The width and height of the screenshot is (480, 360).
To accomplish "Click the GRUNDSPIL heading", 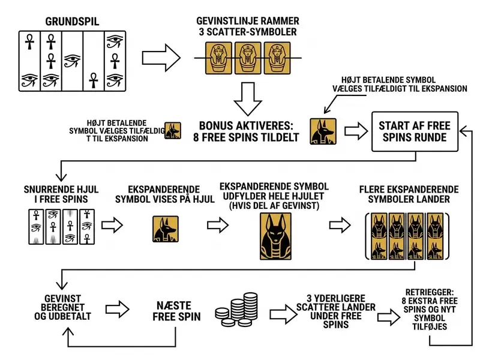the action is pyautogui.click(x=72, y=22).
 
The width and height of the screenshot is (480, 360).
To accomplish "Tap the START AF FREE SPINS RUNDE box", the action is pyautogui.click(x=415, y=131).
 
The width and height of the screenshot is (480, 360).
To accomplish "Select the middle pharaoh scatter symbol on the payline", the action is pyautogui.click(x=248, y=58).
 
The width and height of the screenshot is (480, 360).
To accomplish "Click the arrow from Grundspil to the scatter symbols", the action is pyautogui.click(x=161, y=58).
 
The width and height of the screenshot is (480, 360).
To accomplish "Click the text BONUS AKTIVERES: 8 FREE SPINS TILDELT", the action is pyautogui.click(x=246, y=131).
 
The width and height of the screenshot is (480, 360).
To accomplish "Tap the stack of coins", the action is pyautogui.click(x=236, y=310).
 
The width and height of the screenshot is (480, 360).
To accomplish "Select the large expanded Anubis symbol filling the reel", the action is pyautogui.click(x=275, y=236).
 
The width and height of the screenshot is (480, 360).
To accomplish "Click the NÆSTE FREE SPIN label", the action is pyautogui.click(x=176, y=311).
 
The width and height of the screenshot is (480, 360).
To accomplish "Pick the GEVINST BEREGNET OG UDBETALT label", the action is pyautogui.click(x=62, y=307).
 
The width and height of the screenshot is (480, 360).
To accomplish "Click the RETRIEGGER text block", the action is pyautogui.click(x=430, y=309).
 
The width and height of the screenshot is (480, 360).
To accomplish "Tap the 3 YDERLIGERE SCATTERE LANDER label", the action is pyautogui.click(x=336, y=311).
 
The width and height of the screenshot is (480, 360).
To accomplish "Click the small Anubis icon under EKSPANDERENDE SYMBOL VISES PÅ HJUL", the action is pyautogui.click(x=166, y=229).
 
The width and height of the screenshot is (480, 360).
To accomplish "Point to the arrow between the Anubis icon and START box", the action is pyautogui.click(x=356, y=131).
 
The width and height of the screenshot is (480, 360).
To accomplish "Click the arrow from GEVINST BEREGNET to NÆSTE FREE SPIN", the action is pyautogui.click(x=117, y=309).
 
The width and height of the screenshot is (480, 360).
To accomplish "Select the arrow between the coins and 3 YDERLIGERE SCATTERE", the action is pyautogui.click(x=283, y=314).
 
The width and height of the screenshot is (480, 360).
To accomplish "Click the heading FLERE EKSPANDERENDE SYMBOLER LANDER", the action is pyautogui.click(x=409, y=194).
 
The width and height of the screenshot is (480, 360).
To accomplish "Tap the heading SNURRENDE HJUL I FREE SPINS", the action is pyautogui.click(x=61, y=194).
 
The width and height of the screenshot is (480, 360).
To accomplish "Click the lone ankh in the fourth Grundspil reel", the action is pyautogui.click(x=94, y=80).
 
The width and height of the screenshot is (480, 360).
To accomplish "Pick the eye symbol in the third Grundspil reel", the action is pyautogui.click(x=72, y=61).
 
